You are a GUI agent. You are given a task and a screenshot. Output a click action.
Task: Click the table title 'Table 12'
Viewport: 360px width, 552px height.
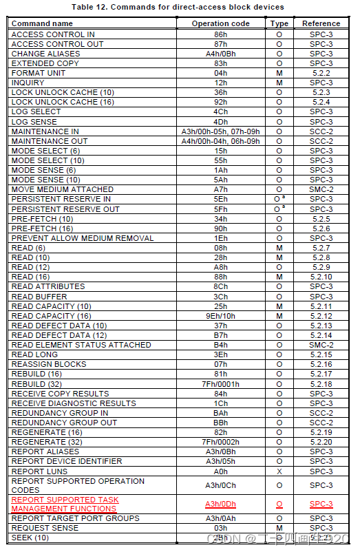[x=180, y=7]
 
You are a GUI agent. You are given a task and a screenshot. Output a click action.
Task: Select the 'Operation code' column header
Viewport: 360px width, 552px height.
[x=220, y=23]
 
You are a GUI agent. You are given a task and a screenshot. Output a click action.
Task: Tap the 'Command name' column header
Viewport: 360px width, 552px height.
[x=42, y=23]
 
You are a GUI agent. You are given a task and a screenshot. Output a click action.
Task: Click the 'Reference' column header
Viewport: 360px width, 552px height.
[x=321, y=23]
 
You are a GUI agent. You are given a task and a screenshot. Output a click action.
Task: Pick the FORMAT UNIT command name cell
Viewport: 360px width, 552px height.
[x=39, y=73]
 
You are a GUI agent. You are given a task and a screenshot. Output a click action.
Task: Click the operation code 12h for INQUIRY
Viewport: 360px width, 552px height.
[x=220, y=83]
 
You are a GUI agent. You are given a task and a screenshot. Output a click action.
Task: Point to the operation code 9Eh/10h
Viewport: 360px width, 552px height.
[x=220, y=316]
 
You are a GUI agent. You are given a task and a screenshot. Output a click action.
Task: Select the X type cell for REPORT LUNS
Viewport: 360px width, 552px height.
[x=279, y=471]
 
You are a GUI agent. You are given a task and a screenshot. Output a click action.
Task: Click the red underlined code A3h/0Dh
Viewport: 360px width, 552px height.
[x=220, y=505]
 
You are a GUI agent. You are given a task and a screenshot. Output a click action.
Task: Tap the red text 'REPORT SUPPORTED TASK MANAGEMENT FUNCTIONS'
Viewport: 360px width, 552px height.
[x=65, y=505]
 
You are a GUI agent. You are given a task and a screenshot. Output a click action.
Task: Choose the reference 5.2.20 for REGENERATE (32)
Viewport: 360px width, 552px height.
[x=321, y=442]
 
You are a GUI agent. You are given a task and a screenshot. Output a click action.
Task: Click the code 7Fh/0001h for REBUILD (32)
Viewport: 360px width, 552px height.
[x=220, y=384]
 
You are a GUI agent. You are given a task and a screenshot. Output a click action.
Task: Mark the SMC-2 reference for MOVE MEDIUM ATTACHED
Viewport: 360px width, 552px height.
[x=321, y=189]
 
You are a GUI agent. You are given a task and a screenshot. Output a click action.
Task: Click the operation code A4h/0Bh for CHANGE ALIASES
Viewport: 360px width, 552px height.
[x=220, y=54]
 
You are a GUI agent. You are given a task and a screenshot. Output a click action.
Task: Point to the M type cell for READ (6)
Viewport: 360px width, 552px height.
[x=279, y=248]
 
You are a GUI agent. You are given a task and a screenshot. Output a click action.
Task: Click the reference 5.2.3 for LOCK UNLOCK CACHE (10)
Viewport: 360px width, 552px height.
[x=321, y=92]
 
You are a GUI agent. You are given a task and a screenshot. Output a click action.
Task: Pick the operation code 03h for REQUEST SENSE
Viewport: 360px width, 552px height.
[x=220, y=528]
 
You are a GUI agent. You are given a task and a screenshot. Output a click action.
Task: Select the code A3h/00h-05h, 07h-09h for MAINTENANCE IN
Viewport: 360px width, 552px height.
[x=220, y=131]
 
